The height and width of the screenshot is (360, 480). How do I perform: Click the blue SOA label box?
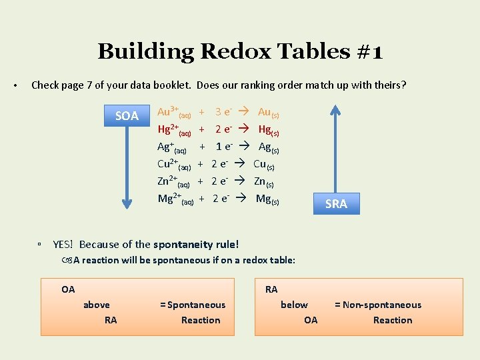point(127,116)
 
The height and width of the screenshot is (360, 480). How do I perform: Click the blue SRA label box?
point(336,203)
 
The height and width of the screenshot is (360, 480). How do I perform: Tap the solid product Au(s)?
point(269,113)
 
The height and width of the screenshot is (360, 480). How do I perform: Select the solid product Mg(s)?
point(267,199)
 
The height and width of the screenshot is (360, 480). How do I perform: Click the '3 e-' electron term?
point(223,112)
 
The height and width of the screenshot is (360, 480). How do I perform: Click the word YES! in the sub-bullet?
point(63,245)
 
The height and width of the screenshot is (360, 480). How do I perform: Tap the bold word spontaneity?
point(183,245)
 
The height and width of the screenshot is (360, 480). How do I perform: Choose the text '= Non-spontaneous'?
point(378,305)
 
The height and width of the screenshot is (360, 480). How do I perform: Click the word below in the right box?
point(294,305)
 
